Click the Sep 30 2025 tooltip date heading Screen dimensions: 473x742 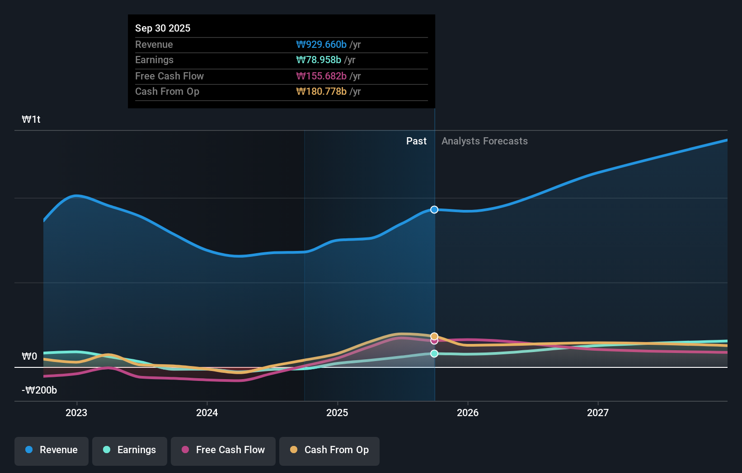[x=163, y=28]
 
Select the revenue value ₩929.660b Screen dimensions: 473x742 [x=321, y=44]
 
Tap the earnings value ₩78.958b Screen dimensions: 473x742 [x=319, y=60]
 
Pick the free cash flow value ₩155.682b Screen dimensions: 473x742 [x=321, y=76]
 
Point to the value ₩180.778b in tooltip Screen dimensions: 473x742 [x=321, y=91]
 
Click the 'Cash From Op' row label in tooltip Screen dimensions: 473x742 [x=167, y=91]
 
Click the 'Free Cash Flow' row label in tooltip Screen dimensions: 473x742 [x=169, y=76]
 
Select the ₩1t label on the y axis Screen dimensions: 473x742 [x=31, y=119]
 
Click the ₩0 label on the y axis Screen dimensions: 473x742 [x=29, y=356]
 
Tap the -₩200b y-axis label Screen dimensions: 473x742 [x=39, y=390]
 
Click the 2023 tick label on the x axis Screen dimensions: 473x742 [x=76, y=413]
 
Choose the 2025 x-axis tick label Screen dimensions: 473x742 [x=337, y=413]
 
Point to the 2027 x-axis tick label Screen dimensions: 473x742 [x=597, y=413]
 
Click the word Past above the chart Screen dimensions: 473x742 [x=416, y=141]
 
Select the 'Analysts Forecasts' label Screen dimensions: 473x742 [x=484, y=141]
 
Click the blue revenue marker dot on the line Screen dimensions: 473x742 [x=434, y=209]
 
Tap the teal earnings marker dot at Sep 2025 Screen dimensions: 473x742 [x=434, y=353]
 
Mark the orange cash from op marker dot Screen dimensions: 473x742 [x=434, y=336]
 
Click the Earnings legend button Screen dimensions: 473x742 [x=130, y=450]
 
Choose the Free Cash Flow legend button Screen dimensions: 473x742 [x=223, y=450]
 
